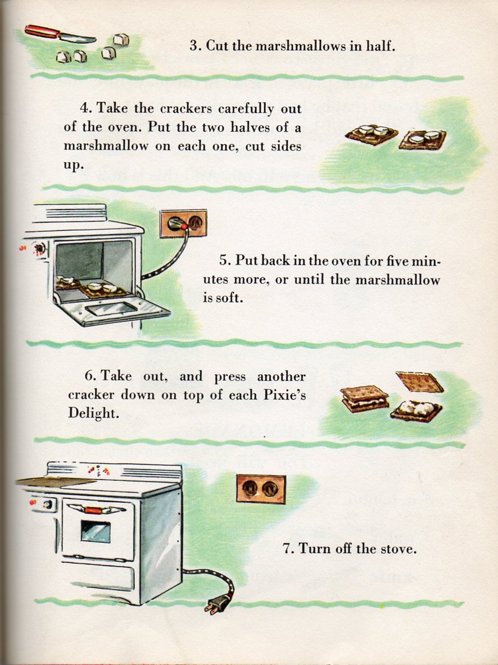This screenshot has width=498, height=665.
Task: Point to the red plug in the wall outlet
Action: tap(182, 225)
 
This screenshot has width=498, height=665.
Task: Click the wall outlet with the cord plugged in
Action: tap(183, 224)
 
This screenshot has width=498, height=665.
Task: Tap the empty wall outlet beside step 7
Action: tap(260, 489)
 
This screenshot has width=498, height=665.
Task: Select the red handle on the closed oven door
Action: tap(93, 510)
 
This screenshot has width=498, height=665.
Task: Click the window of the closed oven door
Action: tap(95, 531)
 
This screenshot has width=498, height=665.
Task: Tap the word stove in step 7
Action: tap(397, 548)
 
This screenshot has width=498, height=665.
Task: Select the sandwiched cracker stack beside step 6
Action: tap(365, 398)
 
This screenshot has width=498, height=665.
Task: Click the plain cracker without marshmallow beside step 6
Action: tap(419, 382)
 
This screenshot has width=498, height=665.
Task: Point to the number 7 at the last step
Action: tap(287, 548)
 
